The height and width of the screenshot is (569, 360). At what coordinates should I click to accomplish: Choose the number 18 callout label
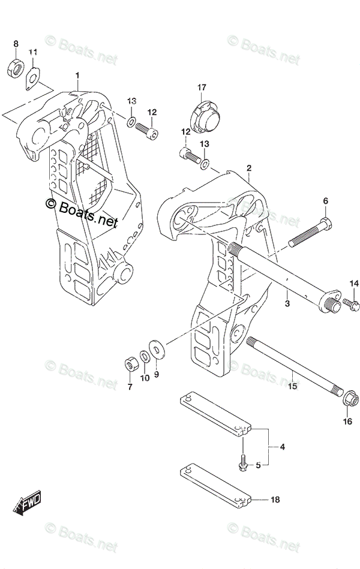coord(275,499)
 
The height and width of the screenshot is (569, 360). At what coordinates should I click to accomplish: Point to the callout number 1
coord(77,75)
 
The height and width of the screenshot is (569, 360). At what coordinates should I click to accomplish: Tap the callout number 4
coord(282,446)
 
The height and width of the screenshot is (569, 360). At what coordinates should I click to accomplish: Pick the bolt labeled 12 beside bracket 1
coord(147,128)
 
